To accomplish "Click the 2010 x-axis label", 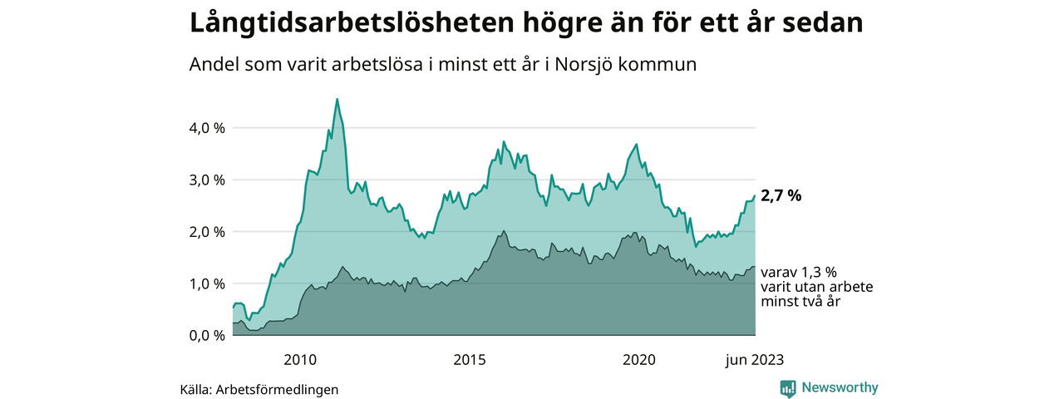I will click(x=300, y=360).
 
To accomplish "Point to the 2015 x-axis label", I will click(x=470, y=360).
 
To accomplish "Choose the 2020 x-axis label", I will click(x=639, y=360).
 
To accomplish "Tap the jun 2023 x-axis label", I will click(x=754, y=360).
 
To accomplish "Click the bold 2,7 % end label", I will click(x=781, y=196).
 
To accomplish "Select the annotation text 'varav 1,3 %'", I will click(x=798, y=272).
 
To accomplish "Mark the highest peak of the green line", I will click(x=337, y=99).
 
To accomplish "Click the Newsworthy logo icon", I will click(x=788, y=388).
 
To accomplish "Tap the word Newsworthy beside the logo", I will click(x=840, y=387).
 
